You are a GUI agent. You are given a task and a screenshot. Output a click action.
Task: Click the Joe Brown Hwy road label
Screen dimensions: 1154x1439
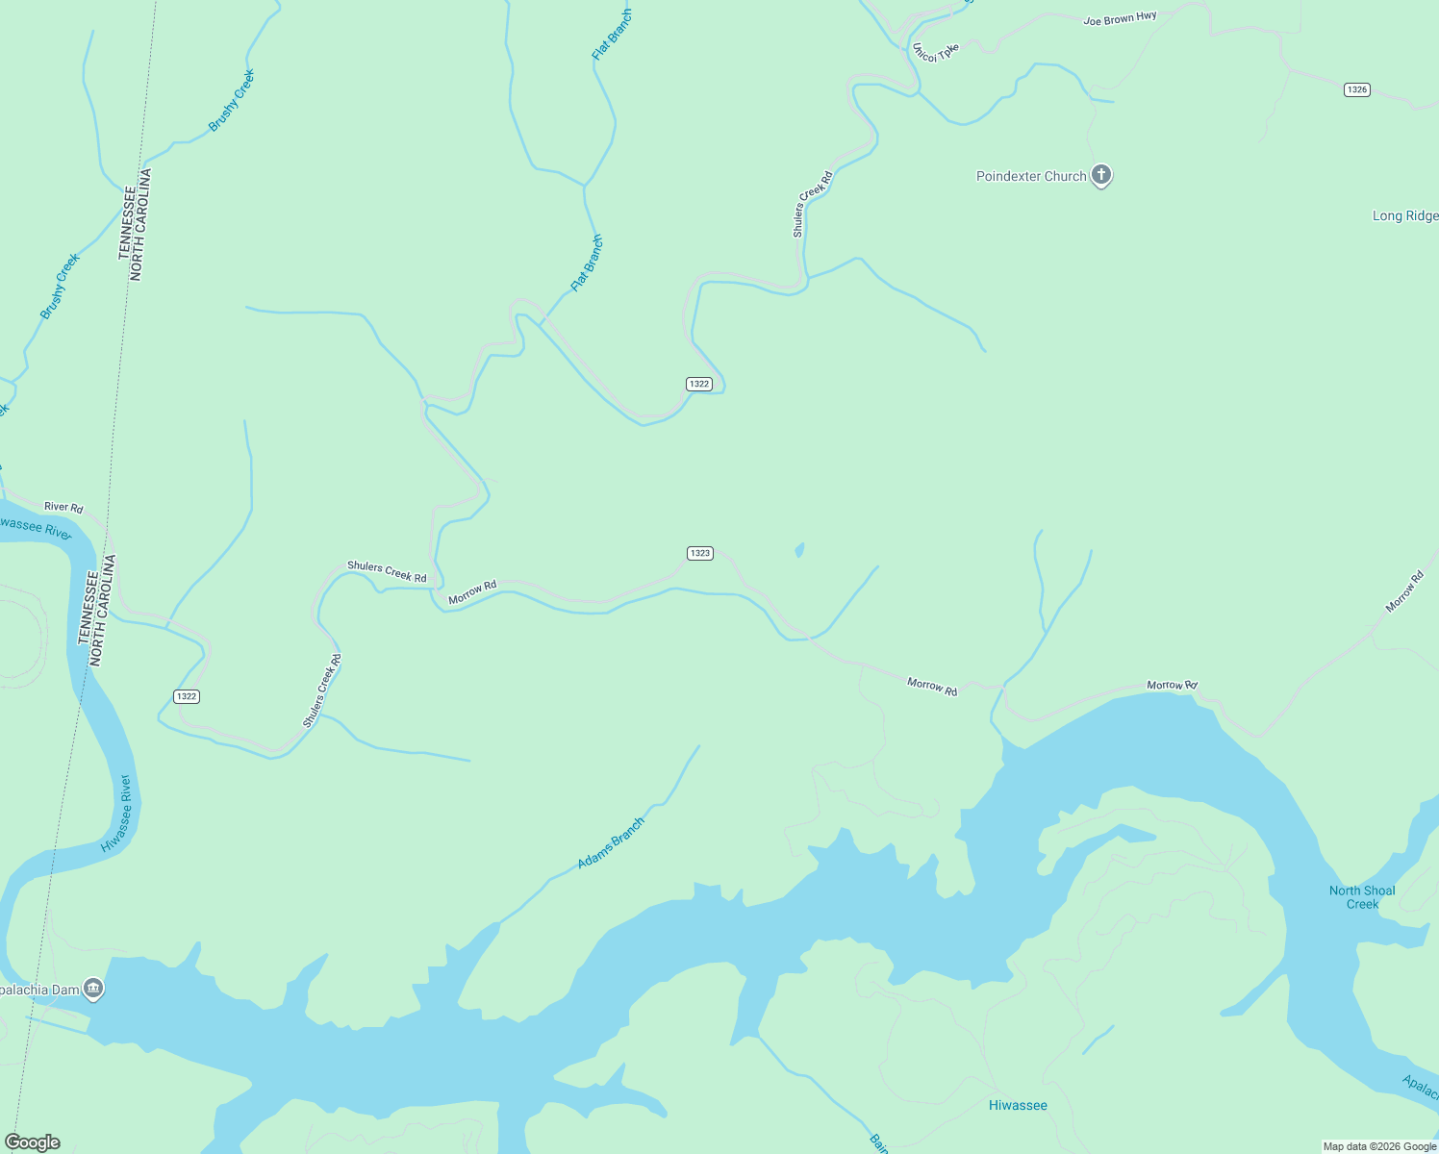click(1120, 18)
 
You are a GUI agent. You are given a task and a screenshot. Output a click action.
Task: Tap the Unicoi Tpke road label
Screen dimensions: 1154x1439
click(935, 52)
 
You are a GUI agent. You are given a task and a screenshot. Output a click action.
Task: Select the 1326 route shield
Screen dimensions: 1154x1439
click(1356, 89)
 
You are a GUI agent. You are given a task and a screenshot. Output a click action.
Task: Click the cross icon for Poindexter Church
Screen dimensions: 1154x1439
click(1101, 175)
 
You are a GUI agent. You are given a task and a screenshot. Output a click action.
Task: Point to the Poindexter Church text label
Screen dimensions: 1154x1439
click(1031, 176)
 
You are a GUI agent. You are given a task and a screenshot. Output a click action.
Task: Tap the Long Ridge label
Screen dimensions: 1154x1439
click(1404, 215)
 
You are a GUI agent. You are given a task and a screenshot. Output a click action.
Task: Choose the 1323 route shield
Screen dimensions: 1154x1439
click(699, 553)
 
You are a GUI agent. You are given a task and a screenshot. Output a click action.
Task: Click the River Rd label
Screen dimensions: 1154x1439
click(63, 507)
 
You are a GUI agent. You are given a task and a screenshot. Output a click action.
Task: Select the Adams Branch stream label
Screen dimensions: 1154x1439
click(611, 843)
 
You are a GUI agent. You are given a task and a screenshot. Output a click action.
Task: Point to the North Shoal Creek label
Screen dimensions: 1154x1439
click(1362, 897)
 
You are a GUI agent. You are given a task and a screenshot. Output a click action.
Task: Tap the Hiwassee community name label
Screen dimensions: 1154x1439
click(1018, 1105)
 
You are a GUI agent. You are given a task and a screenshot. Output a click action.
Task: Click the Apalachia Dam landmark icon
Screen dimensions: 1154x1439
click(93, 988)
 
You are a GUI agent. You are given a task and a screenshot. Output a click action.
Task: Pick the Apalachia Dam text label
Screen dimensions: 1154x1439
click(38, 990)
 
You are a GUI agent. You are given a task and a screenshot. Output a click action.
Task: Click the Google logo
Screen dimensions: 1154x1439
click(33, 1142)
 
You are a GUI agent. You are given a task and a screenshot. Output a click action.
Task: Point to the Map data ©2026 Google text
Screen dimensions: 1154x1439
click(1378, 1146)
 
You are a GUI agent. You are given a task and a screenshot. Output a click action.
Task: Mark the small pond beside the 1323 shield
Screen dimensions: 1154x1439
click(799, 550)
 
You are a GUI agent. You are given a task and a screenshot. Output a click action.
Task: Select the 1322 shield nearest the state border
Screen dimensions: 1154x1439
click(187, 696)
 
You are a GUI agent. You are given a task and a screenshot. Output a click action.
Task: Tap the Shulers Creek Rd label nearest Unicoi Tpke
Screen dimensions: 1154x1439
click(812, 204)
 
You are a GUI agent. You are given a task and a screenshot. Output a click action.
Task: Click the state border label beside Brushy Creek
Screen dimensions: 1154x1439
click(136, 225)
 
